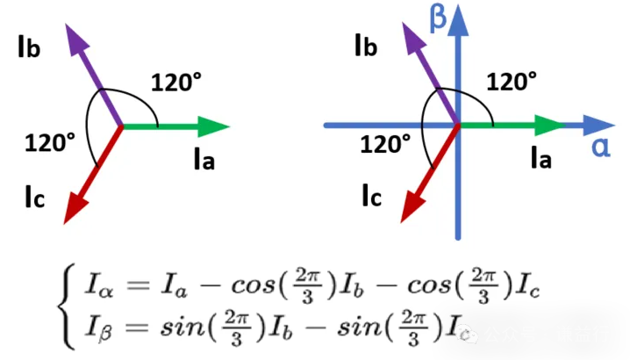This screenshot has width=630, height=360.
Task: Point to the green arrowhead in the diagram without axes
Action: [214, 126]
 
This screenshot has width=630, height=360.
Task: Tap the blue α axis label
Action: [602, 146]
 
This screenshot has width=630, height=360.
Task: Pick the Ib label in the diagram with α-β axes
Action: [364, 47]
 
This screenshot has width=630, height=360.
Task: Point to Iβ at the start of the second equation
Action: [95, 330]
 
